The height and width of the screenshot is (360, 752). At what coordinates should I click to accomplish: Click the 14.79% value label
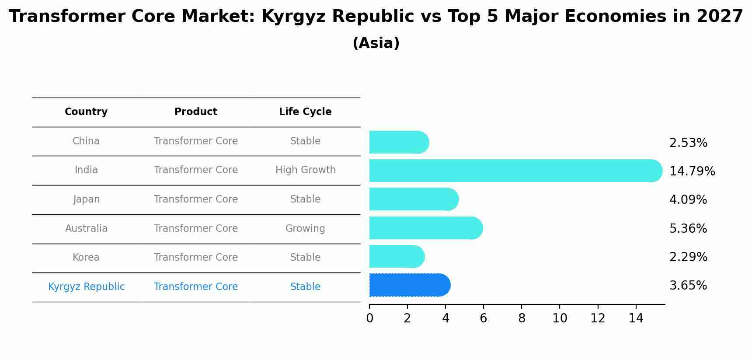click(692, 171)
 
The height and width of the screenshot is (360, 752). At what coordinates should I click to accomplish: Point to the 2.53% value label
click(688, 143)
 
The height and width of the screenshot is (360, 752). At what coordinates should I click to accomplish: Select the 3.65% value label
click(688, 286)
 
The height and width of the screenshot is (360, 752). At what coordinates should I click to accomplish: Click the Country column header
click(86, 112)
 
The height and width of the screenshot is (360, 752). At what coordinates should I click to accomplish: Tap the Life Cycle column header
click(305, 112)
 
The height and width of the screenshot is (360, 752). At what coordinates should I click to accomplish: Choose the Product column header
click(195, 112)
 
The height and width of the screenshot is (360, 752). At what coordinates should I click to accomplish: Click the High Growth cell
click(305, 170)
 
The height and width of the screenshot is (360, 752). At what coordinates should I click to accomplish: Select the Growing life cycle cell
click(305, 228)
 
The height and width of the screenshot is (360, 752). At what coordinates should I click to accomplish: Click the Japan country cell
click(86, 199)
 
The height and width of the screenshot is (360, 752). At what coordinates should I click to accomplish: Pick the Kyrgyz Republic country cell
click(86, 287)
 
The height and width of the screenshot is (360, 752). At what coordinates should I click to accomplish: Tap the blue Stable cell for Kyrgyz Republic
click(305, 287)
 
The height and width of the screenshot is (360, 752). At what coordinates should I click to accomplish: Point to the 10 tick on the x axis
click(559, 318)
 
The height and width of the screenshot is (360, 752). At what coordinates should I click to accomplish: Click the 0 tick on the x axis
click(369, 318)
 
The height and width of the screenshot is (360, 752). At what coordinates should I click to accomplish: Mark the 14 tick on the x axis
click(635, 318)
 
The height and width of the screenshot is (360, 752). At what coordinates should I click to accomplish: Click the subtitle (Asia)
click(376, 43)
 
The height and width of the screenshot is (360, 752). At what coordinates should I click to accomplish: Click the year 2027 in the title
click(719, 17)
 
